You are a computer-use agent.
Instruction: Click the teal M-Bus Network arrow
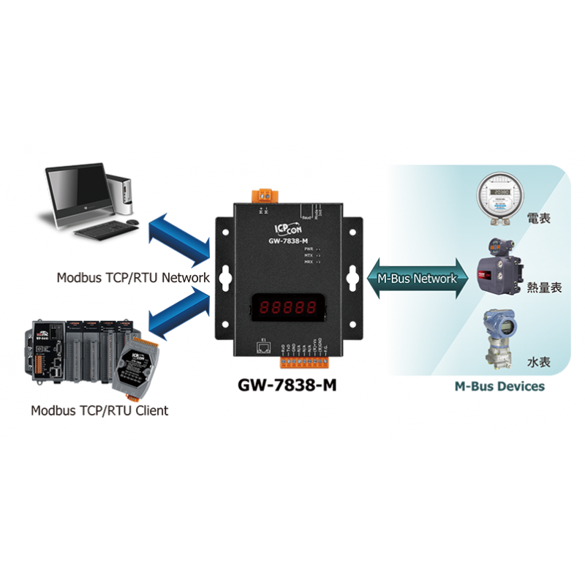(x=417, y=279)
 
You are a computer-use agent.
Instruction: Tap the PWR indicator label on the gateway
(x=309, y=249)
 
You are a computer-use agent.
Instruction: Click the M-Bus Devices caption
(x=499, y=386)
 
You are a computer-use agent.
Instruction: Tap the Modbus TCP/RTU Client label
(x=99, y=410)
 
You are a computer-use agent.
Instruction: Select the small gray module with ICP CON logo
(x=135, y=363)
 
